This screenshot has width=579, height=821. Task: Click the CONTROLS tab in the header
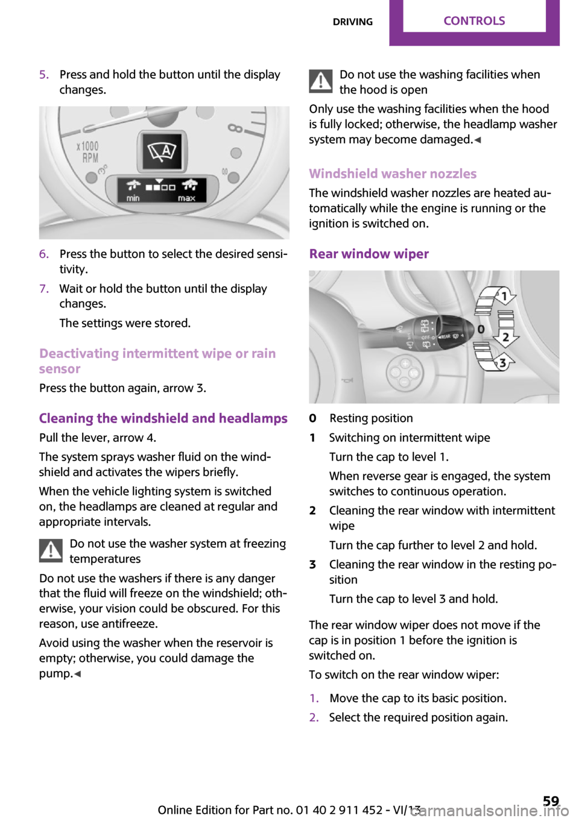474,21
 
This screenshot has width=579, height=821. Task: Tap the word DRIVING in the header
353,22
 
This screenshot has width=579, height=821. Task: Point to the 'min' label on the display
133,198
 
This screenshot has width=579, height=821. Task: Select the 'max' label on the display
186,198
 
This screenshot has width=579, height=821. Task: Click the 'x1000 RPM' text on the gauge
88,152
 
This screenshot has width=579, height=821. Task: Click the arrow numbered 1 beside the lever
502,296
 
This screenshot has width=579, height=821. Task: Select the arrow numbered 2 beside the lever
505,337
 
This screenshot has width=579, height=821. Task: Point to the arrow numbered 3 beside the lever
501,363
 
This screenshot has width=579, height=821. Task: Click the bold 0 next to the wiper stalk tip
481,329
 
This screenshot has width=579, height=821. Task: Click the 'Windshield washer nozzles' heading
393,174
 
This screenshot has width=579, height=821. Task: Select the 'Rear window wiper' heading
369,254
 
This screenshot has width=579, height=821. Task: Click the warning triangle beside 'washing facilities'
321,81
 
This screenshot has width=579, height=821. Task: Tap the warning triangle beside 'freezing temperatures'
51,550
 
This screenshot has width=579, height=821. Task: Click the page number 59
551,801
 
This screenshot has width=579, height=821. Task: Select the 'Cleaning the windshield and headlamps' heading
163,418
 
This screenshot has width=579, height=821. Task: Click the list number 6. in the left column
44,254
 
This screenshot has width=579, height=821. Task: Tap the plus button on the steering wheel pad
405,364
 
